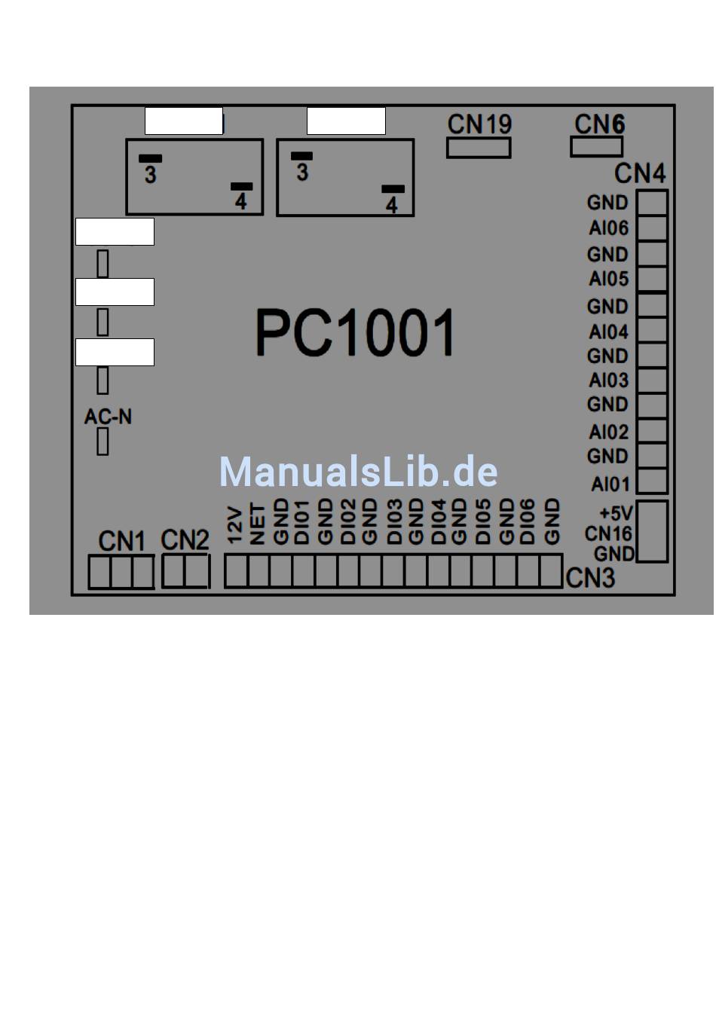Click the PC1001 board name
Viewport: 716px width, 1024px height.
click(355, 332)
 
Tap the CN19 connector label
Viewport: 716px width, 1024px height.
click(479, 124)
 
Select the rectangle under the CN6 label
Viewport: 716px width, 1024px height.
click(596, 147)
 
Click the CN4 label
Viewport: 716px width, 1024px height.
click(640, 173)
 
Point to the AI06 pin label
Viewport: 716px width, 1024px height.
click(608, 228)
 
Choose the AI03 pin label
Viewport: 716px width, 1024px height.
click(608, 380)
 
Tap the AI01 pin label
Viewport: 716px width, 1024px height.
click(610, 484)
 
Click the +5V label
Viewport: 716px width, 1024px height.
click(616, 513)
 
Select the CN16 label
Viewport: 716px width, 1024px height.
click(607, 533)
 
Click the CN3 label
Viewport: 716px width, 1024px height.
click(590, 578)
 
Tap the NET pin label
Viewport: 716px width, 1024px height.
click(257, 524)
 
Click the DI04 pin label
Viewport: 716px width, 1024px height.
click(438, 521)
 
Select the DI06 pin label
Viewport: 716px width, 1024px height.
click(527, 521)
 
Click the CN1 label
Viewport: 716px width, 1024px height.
click(121, 541)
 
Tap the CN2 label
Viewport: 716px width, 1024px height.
click(185, 540)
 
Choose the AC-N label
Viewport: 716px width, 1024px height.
click(108, 417)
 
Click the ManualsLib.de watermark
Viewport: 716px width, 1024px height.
click(358, 472)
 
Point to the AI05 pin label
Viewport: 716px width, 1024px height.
click(608, 278)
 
